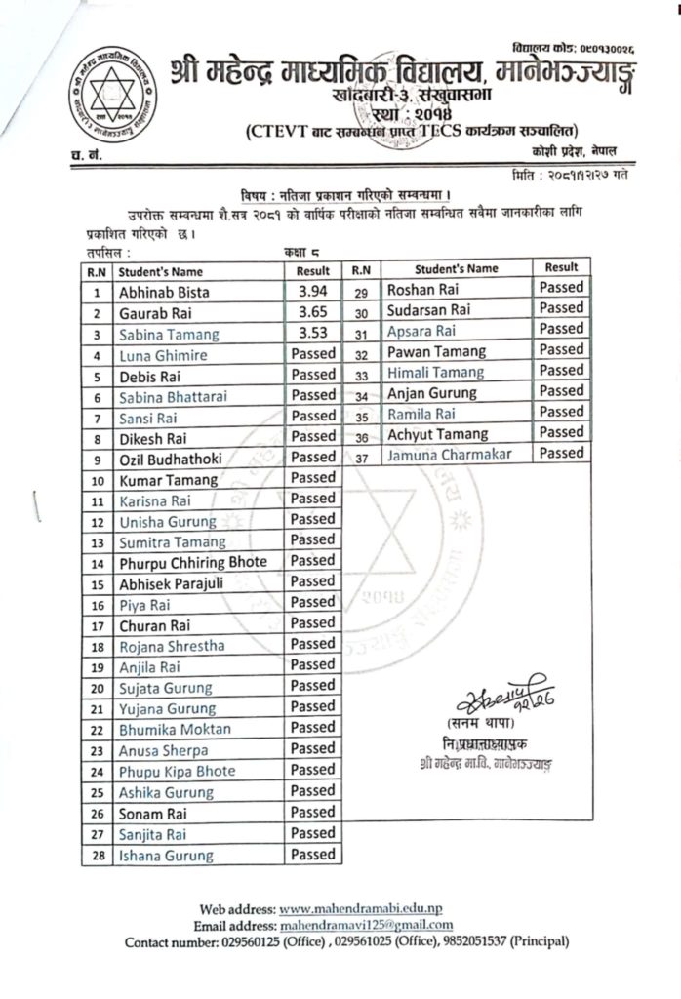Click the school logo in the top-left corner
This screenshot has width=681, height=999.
(104, 97)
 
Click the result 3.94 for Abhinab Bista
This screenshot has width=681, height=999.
(312, 291)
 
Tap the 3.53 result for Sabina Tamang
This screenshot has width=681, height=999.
(312, 334)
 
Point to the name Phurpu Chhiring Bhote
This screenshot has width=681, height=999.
(191, 563)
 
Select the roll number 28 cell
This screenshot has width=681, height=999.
(97, 856)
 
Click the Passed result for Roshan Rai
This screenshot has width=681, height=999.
(561, 288)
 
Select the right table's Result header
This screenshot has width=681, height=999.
(561, 267)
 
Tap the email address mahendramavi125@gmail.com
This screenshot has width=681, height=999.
(366, 925)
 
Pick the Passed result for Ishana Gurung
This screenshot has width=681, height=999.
(312, 855)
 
